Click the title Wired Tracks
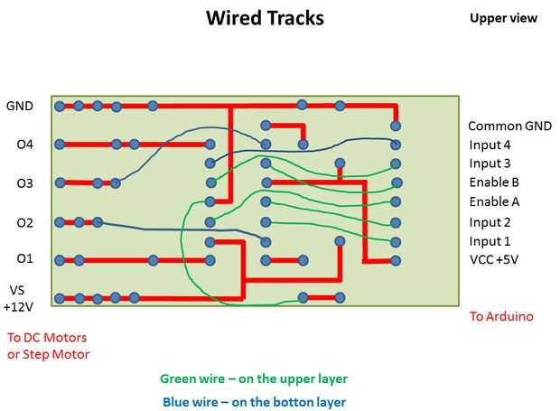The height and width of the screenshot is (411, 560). (x=265, y=17)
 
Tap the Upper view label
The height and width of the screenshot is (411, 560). (x=503, y=18)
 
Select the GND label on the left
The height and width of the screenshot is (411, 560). (x=20, y=106)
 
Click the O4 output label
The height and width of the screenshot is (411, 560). (x=24, y=145)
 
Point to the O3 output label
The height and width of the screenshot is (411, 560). (x=24, y=183)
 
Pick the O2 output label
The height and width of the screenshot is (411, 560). (x=24, y=222)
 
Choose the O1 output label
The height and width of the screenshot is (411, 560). (x=24, y=259)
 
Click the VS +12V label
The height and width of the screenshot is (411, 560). (x=19, y=298)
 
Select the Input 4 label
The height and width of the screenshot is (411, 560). (x=490, y=145)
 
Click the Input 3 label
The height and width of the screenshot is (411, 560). (x=490, y=163)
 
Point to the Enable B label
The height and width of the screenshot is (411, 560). (x=494, y=182)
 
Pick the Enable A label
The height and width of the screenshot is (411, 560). (x=494, y=201)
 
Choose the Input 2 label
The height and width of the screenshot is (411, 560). (x=490, y=222)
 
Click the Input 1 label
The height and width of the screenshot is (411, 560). (x=490, y=241)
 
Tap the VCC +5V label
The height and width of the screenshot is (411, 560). (x=493, y=260)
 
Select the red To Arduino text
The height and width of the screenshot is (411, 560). (x=501, y=316)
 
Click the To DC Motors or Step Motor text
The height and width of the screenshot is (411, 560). (x=49, y=346)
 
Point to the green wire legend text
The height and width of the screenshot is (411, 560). (x=254, y=379)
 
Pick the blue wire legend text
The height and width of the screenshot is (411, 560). (x=254, y=402)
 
